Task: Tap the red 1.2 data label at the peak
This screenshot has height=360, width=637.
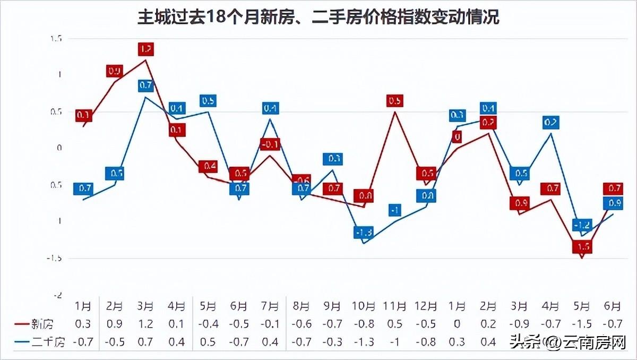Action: pyautogui.click(x=146, y=49)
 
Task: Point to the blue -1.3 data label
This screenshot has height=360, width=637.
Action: pyautogui.click(x=364, y=232)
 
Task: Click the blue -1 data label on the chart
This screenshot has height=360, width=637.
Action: pyautogui.click(x=394, y=210)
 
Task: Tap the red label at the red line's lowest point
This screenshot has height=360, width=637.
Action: pyautogui.click(x=582, y=247)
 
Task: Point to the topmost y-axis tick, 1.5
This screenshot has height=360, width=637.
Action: pyautogui.click(x=56, y=39)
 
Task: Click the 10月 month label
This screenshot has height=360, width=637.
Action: pyautogui.click(x=364, y=306)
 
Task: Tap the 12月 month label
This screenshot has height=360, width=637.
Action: pyautogui.click(x=426, y=306)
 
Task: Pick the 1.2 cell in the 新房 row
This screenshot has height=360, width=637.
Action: pyautogui.click(x=147, y=323)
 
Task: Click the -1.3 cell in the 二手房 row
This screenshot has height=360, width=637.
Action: pyautogui.click(x=364, y=341)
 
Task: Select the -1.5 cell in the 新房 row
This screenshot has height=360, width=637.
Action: pyautogui.click(x=582, y=323)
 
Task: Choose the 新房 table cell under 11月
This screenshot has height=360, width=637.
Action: pyautogui.click(x=394, y=323)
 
